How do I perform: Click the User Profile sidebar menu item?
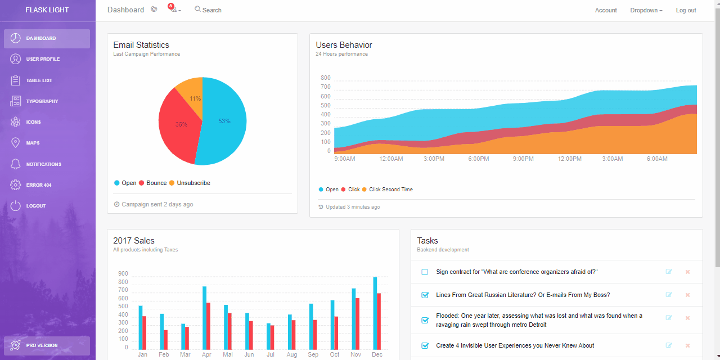[42, 59]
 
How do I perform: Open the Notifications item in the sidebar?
[43, 164]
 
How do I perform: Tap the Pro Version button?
[47, 345]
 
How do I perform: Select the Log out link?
[686, 10]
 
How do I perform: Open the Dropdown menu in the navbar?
[646, 10]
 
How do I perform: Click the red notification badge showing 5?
[170, 6]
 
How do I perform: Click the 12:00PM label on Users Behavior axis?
[569, 159]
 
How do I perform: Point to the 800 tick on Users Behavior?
[325, 78]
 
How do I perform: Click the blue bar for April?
[204, 318]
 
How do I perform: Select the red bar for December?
[379, 321]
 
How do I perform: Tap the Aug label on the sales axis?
[291, 355]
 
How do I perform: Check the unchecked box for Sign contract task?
[425, 272]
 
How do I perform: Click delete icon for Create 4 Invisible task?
[687, 345]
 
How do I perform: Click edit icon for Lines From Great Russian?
[669, 295]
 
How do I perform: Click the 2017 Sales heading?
[134, 241]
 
